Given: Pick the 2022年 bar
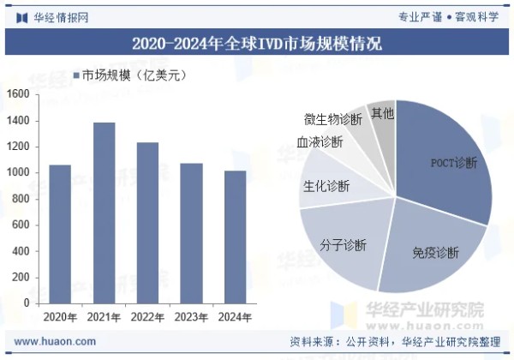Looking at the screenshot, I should (148, 222).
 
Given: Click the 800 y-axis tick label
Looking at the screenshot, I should (21, 199).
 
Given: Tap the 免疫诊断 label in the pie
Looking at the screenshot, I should (435, 252).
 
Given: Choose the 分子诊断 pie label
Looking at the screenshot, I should (343, 246).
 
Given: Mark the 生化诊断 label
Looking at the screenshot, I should (326, 185).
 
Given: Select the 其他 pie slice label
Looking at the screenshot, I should (381, 112).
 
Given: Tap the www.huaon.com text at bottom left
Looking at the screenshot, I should (55, 341).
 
